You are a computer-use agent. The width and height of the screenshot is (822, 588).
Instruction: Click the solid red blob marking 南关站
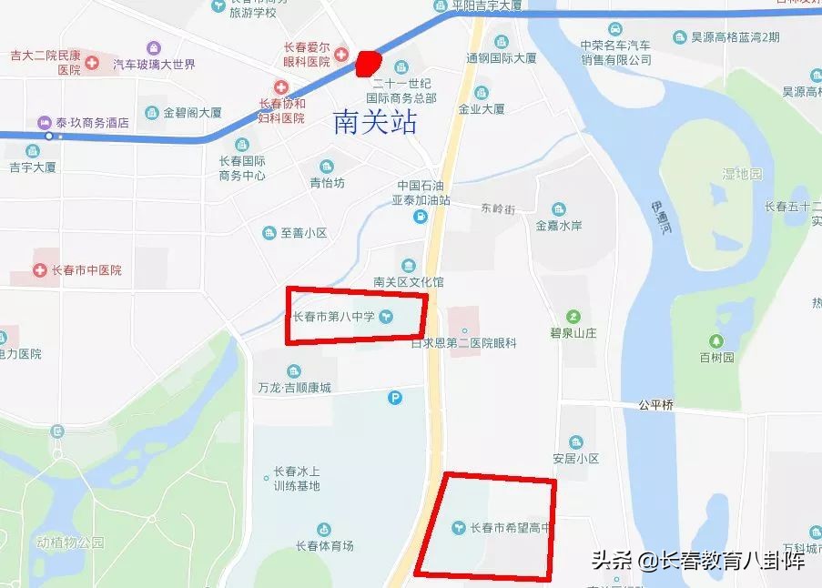tap(367, 63)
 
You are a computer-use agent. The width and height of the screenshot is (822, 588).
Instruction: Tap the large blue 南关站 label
tap(375, 122)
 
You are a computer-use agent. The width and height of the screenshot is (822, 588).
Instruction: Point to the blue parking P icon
tap(394, 397)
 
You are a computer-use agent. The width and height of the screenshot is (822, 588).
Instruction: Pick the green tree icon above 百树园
tap(716, 341)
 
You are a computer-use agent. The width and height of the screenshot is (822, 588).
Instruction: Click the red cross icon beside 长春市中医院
tap(39, 270)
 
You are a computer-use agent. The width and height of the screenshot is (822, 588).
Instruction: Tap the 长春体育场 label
tap(324, 546)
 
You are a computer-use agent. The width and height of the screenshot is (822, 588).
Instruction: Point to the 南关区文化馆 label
tap(408, 282)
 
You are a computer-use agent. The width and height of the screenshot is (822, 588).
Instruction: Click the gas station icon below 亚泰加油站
tap(419, 216)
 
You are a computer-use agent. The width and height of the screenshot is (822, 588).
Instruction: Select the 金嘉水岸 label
tap(558, 226)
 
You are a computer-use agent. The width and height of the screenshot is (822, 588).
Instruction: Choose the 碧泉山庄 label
tap(573, 333)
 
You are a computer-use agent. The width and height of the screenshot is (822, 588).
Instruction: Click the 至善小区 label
tap(303, 233)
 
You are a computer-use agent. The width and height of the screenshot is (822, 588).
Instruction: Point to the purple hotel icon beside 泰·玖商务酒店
tap(44, 123)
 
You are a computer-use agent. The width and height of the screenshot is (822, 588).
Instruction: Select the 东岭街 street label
tap(498, 208)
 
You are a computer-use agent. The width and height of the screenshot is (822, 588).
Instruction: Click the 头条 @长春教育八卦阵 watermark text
tap(698, 561)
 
